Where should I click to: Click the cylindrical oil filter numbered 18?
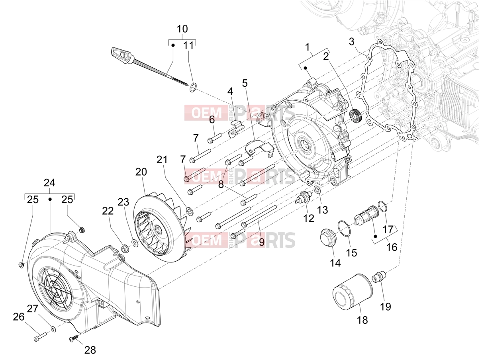pyautogui.click(x=352, y=289)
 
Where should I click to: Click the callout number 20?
pyautogui.click(x=141, y=172)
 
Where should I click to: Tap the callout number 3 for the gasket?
pyautogui.click(x=351, y=41)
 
